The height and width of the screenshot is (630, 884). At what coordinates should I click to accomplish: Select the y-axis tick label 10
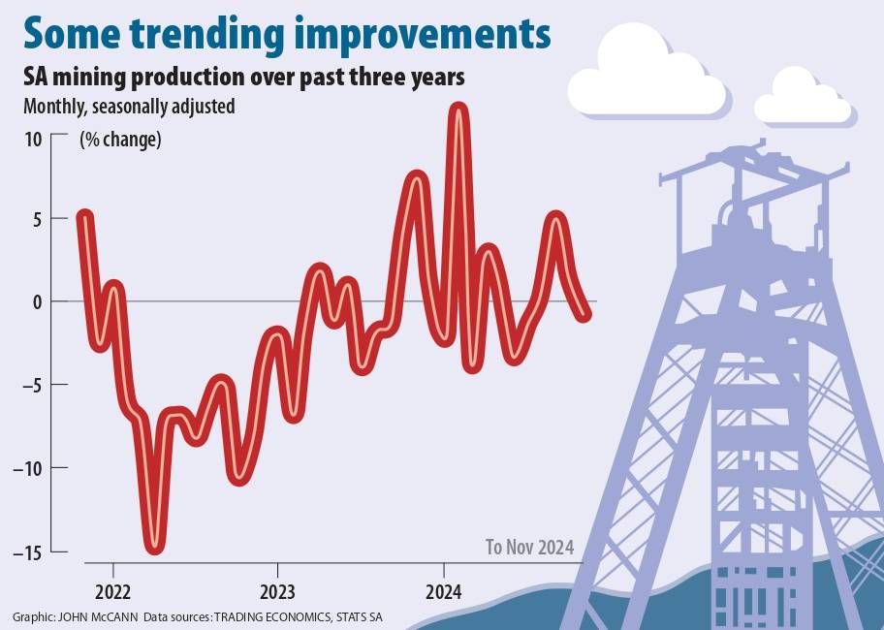click(x=33, y=139)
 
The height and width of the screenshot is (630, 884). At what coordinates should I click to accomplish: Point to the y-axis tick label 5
click(x=37, y=219)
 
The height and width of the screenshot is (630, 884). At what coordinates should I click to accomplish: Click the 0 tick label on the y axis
click(x=37, y=301)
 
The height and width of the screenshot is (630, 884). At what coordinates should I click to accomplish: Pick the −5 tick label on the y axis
click(x=31, y=385)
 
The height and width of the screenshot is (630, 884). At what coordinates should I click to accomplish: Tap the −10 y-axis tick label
click(x=27, y=468)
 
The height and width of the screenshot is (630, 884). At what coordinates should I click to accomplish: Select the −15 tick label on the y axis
click(x=27, y=551)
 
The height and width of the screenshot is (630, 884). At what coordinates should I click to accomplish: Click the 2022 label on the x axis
click(x=113, y=589)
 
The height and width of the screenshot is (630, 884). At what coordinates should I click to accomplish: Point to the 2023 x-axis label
click(x=278, y=589)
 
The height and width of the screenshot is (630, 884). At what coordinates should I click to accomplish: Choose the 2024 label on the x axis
click(x=444, y=589)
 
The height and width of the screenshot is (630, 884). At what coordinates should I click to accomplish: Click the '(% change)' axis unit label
click(x=120, y=139)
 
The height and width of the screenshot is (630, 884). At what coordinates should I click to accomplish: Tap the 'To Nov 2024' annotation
click(x=529, y=548)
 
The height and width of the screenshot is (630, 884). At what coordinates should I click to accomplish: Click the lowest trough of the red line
click(x=155, y=547)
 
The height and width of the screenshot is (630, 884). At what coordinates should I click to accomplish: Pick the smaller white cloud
click(x=803, y=99)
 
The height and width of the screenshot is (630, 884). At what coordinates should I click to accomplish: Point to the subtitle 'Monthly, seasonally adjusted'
click(x=129, y=106)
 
